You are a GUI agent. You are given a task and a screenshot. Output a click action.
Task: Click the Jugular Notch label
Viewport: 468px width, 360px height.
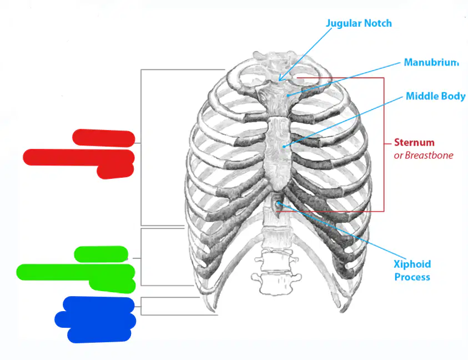(359, 23)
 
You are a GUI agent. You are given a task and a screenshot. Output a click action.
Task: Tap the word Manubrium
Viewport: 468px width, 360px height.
(431, 62)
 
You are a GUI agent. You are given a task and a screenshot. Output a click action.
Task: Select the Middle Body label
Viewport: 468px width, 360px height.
(435, 96)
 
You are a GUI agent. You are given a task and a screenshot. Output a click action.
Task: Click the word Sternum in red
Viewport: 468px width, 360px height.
(414, 142)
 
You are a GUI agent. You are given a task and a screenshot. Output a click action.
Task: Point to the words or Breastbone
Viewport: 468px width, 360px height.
(424, 156)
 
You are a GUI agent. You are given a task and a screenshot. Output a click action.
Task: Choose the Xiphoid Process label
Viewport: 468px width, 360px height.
(412, 271)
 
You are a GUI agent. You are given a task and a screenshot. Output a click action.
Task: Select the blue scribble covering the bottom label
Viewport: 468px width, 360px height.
(95, 319)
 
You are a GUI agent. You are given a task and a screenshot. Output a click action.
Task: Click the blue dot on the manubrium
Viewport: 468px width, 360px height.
(288, 96)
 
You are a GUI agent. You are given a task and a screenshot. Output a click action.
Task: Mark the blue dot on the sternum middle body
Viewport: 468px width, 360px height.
(284, 147)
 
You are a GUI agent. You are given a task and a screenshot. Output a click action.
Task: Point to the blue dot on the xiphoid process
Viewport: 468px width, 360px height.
(278, 203)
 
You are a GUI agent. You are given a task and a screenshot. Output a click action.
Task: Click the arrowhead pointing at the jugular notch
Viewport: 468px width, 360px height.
(280, 78)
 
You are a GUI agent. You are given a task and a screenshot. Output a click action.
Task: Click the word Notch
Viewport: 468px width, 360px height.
(379, 23)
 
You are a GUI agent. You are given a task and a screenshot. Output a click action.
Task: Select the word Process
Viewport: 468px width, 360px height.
(412, 277)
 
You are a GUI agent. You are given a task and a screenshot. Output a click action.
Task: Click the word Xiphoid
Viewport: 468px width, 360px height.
(412, 264)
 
